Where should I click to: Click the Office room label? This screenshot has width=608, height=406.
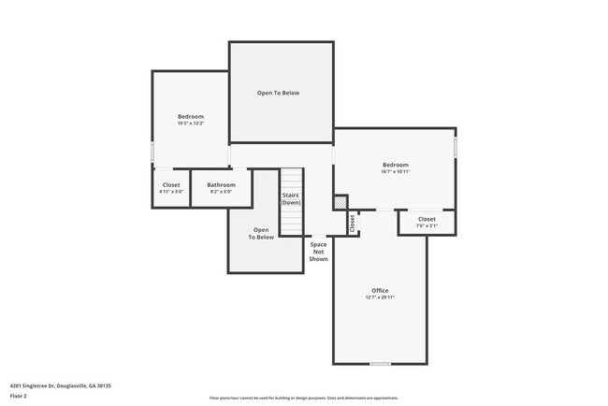(380, 290)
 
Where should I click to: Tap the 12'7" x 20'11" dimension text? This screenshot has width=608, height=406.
(380, 297)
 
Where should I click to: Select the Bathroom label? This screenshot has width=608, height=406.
(222, 184)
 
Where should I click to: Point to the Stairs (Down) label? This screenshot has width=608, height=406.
(291, 199)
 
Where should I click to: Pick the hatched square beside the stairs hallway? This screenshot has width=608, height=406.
(340, 202)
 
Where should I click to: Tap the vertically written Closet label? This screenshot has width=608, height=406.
(353, 224)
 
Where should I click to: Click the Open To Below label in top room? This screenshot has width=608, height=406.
(281, 93)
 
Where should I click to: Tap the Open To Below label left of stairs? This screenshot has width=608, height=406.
(261, 234)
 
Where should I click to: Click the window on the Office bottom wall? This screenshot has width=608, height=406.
(380, 364)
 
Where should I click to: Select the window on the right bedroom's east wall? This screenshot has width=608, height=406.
(456, 147)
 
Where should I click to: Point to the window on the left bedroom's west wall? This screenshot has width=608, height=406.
(152, 152)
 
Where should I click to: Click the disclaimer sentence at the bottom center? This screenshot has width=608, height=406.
(304, 398)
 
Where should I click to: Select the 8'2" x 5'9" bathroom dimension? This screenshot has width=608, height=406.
(222, 192)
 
